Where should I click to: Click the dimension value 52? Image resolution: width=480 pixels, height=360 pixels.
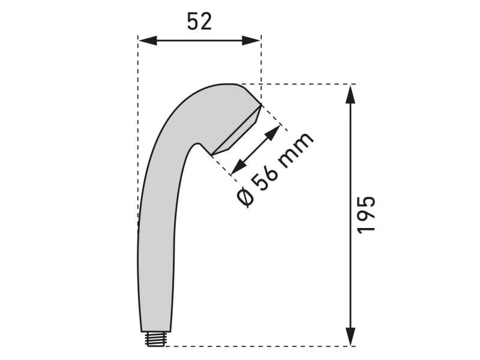point(199,22)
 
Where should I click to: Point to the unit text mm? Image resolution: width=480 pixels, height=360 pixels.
point(296,148)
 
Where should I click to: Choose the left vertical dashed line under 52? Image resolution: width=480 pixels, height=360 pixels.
point(138,120)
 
